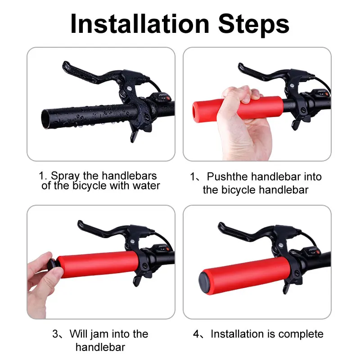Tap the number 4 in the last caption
pos(196,334)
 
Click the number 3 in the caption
pos(55,334)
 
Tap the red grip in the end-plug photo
pos(97,265)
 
